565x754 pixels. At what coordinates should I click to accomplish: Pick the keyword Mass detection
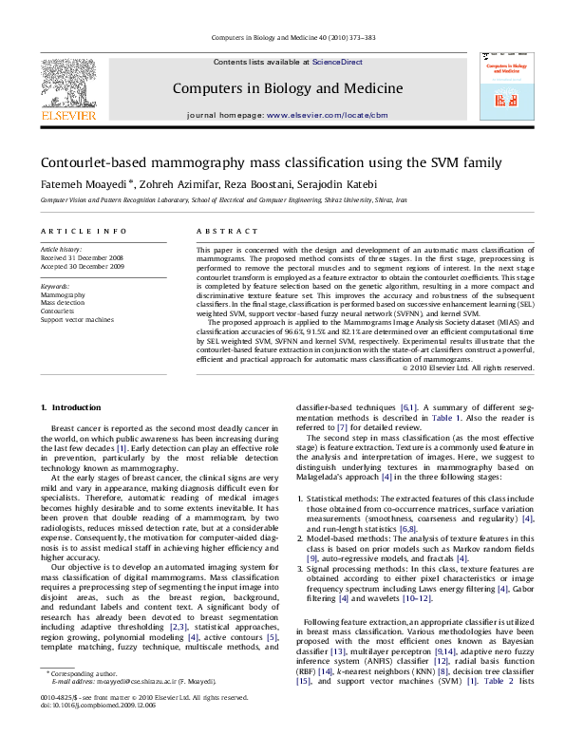65,302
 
